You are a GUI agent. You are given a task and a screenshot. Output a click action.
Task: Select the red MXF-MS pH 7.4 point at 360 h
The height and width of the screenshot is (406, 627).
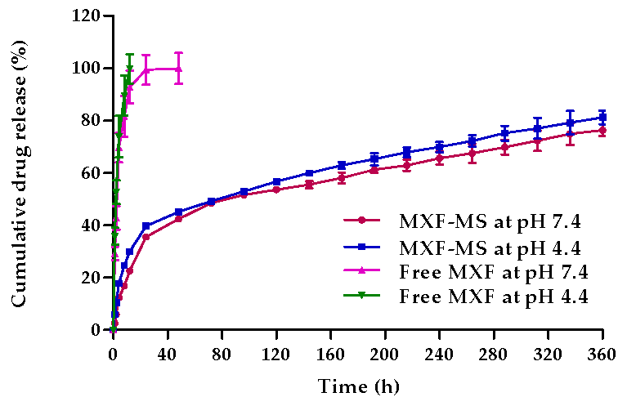tap(602, 130)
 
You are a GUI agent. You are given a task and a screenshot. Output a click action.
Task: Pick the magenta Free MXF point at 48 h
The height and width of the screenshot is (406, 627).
tap(178, 69)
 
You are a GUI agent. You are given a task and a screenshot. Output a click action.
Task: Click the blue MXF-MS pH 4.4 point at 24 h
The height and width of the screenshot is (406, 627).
tap(146, 225)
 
